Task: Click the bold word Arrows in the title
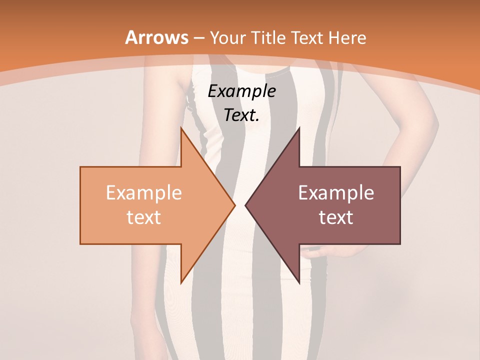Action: coord(157,37)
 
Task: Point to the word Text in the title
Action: coord(307,37)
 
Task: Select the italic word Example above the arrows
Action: coord(241,91)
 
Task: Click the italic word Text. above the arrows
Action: coord(241,115)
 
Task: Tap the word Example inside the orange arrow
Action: coord(143,193)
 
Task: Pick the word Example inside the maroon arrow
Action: coord(336,193)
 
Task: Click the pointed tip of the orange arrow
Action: coord(235,205)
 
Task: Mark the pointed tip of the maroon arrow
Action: coord(245,205)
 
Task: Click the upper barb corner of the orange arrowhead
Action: coord(181,128)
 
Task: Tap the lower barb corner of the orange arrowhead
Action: coord(181,283)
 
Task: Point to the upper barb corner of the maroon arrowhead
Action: coord(299,128)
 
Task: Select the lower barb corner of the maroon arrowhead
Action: coord(299,283)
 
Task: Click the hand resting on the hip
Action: coord(320,248)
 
